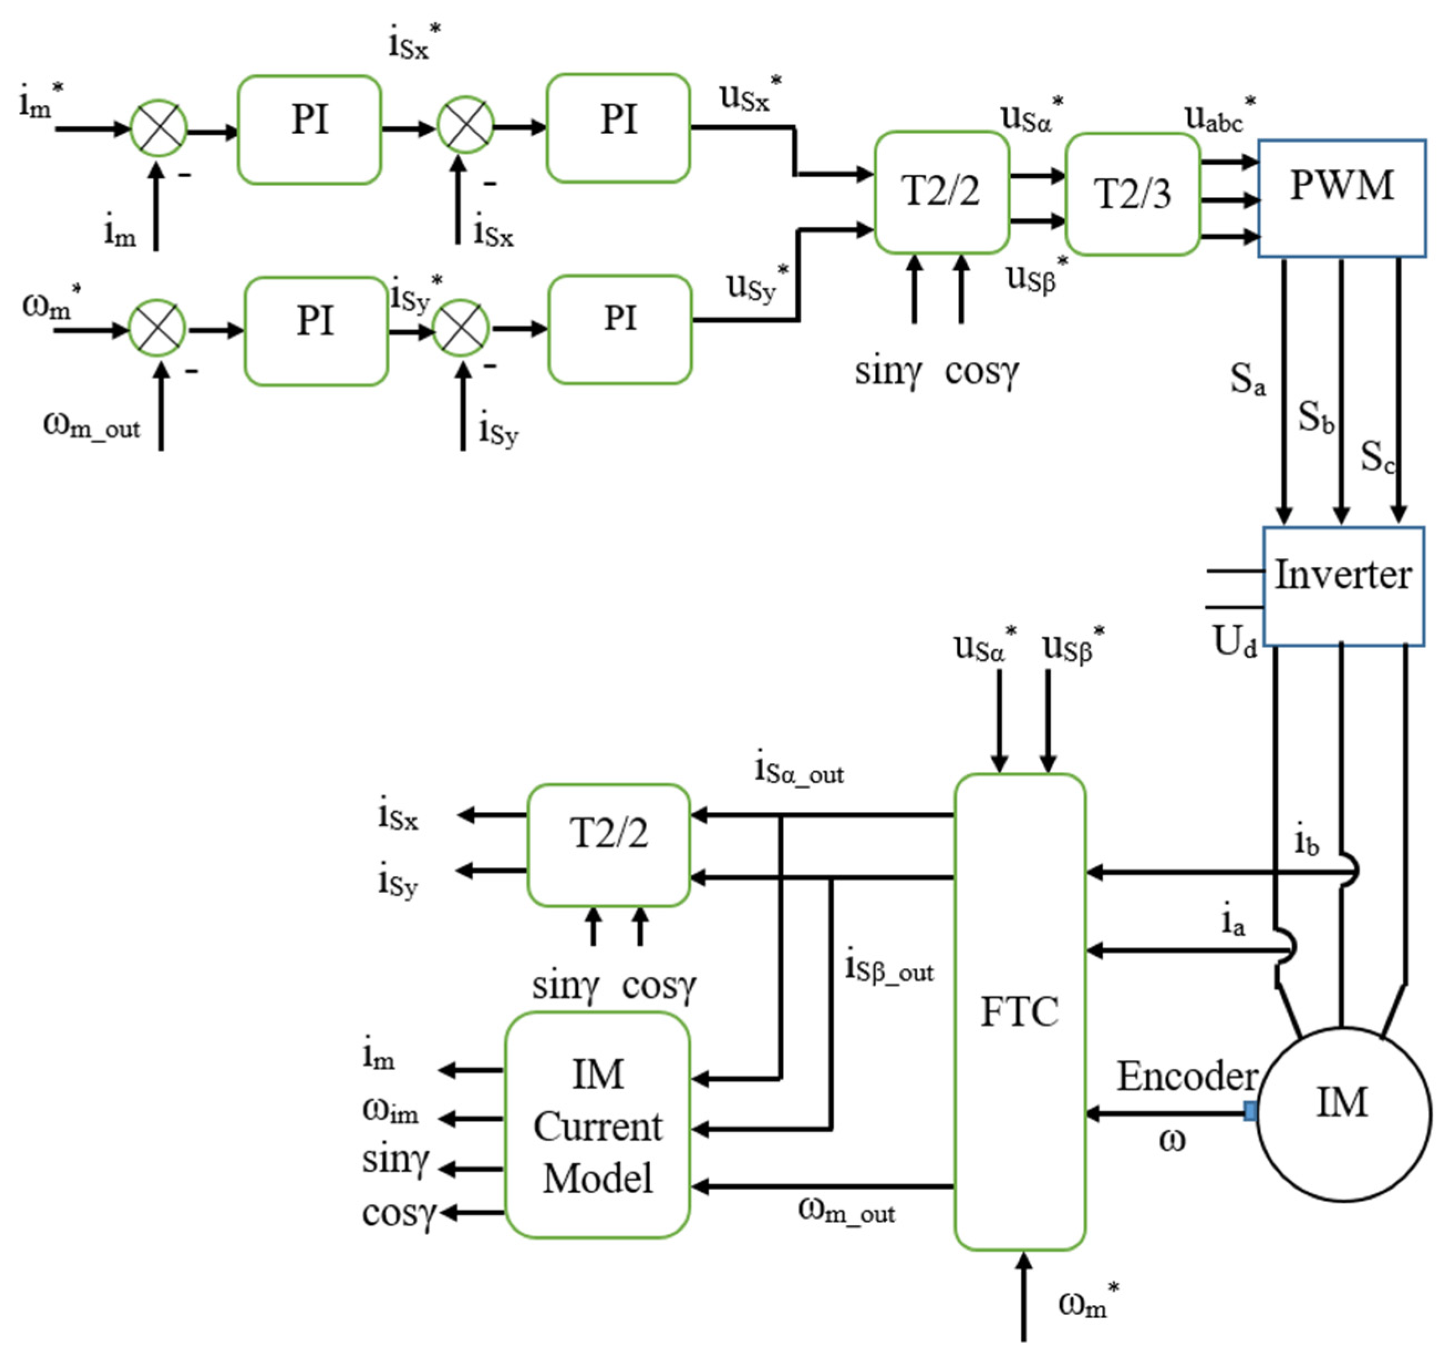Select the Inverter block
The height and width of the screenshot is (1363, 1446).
(x=1343, y=585)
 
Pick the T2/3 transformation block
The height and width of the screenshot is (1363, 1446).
(x=1132, y=194)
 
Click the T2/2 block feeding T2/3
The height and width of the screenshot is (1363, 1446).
(x=941, y=192)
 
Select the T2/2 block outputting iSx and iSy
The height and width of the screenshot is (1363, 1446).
(x=608, y=844)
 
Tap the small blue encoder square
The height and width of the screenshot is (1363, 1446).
(x=1250, y=1111)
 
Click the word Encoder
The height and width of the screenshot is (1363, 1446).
(x=1187, y=1076)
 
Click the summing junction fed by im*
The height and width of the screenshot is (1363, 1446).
(x=159, y=129)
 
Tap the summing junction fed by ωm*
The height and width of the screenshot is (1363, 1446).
(x=157, y=329)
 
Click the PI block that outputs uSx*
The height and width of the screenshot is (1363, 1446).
(x=618, y=128)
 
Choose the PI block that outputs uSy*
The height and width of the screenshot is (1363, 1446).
(x=620, y=329)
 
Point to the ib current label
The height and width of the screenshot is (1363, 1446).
(x=1307, y=842)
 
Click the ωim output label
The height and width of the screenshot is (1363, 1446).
(x=391, y=1111)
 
